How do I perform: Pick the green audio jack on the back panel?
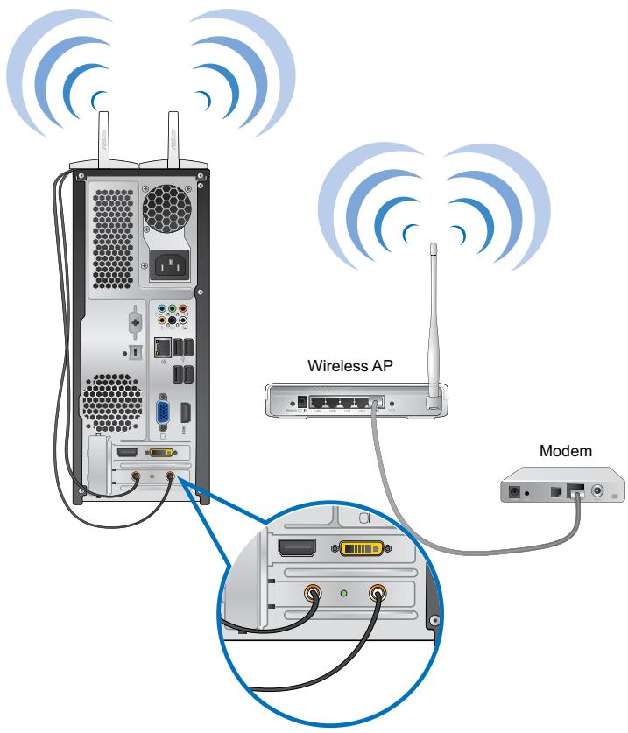(x=172, y=308)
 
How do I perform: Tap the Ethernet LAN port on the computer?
(x=162, y=348)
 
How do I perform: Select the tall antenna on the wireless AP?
(x=432, y=324)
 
